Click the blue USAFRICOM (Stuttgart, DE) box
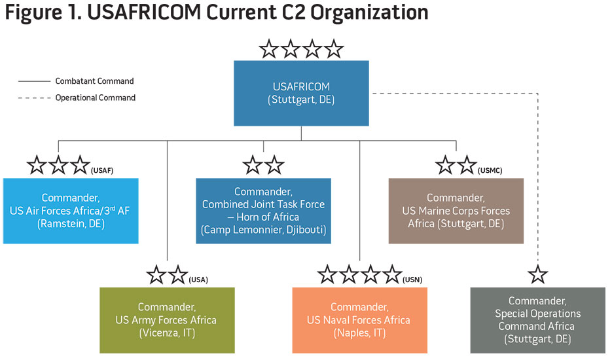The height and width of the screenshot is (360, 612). click(301, 93)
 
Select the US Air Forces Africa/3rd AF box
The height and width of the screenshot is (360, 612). click(71, 210)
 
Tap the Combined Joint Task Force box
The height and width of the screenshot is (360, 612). click(263, 210)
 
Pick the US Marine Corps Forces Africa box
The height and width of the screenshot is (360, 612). click(456, 210)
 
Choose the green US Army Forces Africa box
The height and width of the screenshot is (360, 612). click(166, 320)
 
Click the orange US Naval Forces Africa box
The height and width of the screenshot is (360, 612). click(359, 320)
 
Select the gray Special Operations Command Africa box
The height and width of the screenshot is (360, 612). click(537, 320)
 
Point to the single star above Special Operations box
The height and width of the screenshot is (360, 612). click(537, 275)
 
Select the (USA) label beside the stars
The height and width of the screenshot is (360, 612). click(198, 279)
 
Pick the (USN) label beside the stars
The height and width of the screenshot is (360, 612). click(413, 279)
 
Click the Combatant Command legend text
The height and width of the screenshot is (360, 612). click(94, 81)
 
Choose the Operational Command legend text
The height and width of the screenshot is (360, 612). click(95, 98)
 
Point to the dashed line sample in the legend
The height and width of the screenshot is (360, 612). click(34, 98)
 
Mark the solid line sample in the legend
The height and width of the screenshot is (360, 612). click(34, 82)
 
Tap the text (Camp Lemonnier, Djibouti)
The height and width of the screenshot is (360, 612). click(263, 230)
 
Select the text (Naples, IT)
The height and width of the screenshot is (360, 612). click(359, 333)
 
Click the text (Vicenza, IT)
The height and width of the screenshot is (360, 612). click(166, 333)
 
